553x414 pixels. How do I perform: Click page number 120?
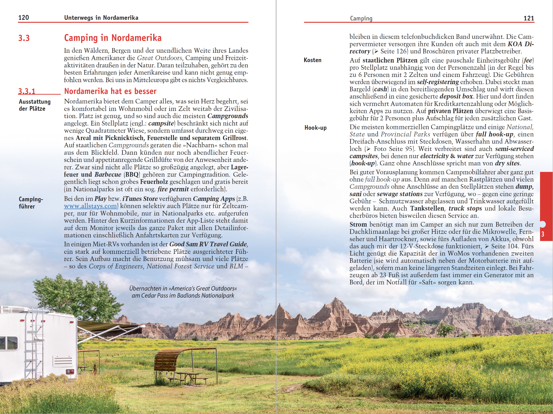click(24, 18)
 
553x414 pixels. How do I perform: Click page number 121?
click(529, 18)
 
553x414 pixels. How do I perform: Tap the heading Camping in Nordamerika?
click(113, 38)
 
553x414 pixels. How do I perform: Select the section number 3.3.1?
click(27, 91)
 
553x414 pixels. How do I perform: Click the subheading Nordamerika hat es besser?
click(110, 91)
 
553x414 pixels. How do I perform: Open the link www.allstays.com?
click(90, 206)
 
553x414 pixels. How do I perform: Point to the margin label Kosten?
click(313, 60)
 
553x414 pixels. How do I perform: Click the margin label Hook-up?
click(315, 128)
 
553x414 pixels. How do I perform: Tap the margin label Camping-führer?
click(31, 203)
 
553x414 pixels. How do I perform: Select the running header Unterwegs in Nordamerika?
click(101, 18)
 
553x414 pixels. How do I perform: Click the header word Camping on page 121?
click(361, 19)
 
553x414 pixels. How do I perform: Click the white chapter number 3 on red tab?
click(543, 234)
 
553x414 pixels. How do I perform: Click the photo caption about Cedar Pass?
click(183, 292)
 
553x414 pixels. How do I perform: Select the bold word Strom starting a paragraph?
click(358, 224)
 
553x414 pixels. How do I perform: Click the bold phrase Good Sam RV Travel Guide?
click(208, 244)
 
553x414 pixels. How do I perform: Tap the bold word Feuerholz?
click(154, 182)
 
